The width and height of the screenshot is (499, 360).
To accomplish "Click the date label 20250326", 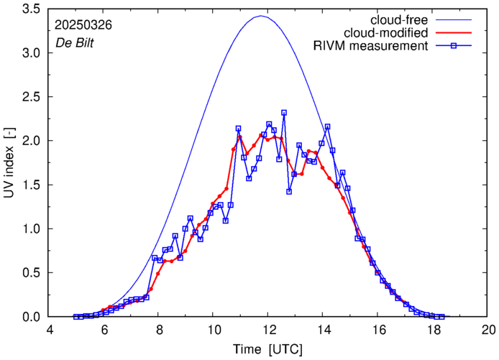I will [83, 24].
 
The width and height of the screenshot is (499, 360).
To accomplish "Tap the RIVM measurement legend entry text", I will [371, 47].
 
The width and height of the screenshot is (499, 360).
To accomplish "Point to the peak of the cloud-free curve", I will [262, 16].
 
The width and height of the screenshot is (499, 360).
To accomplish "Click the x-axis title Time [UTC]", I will [268, 349].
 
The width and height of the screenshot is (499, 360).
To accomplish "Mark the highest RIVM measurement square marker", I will [284, 113].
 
